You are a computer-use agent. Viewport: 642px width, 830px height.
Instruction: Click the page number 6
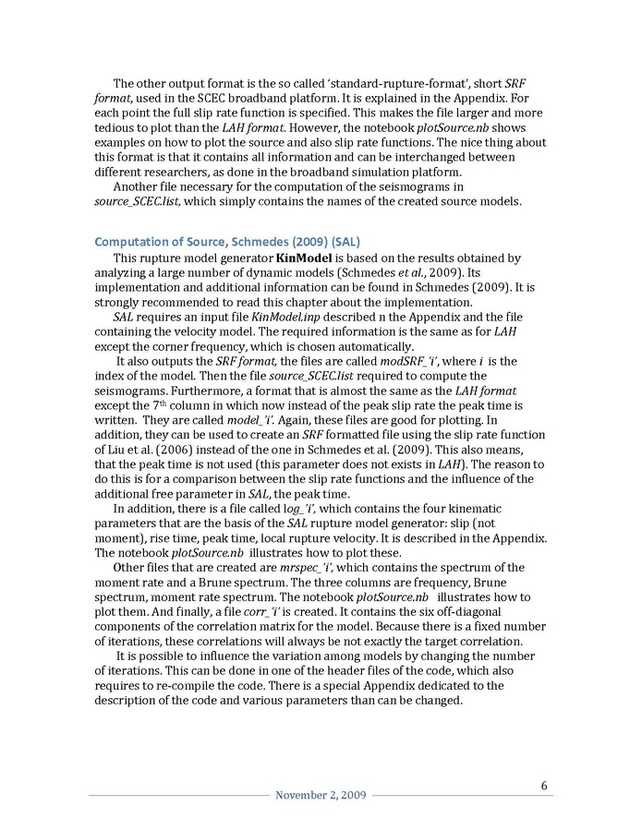544,786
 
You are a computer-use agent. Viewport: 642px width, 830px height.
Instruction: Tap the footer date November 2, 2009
321,795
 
